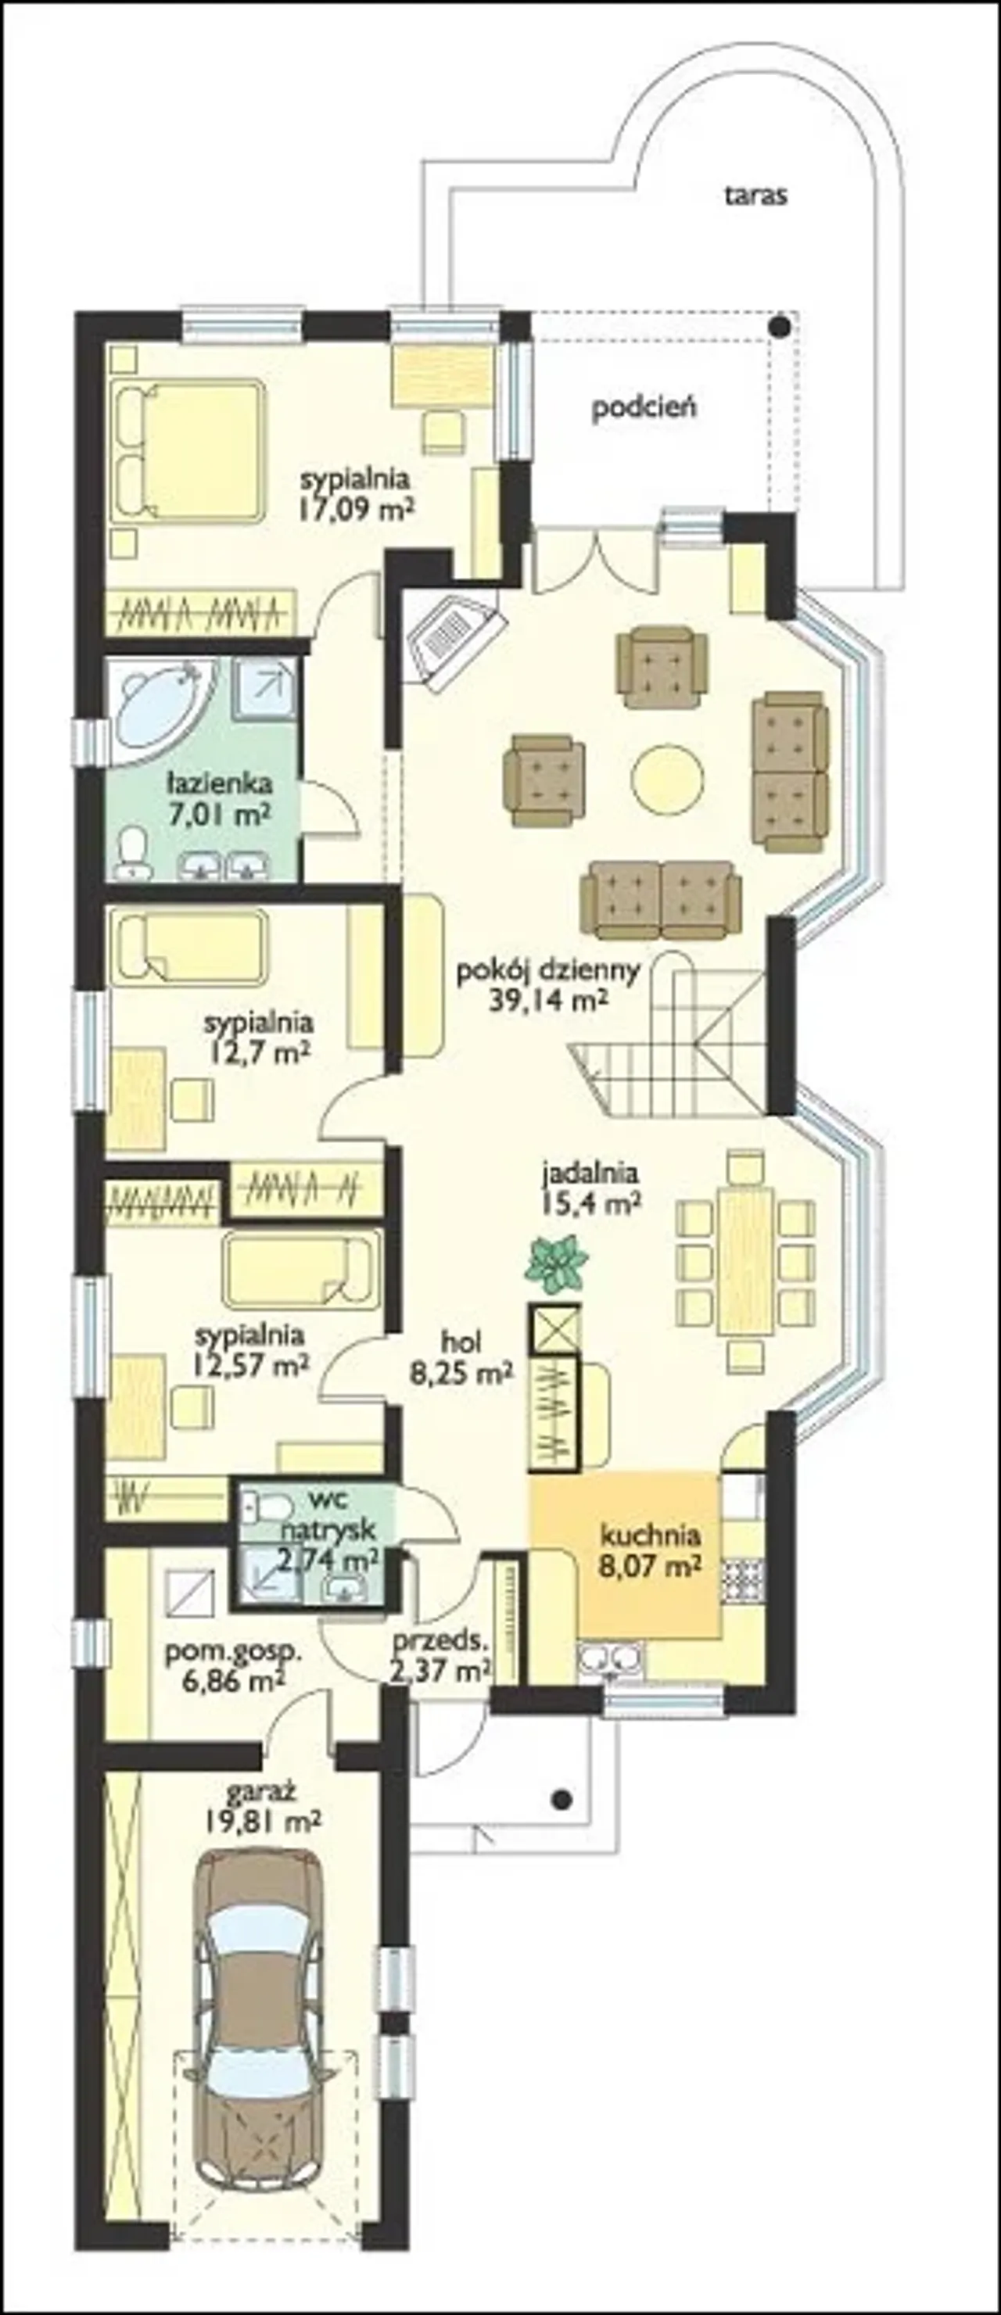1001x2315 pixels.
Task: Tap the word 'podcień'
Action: click(644, 408)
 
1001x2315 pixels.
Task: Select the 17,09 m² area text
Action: click(357, 511)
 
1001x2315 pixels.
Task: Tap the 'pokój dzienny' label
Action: click(548, 970)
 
